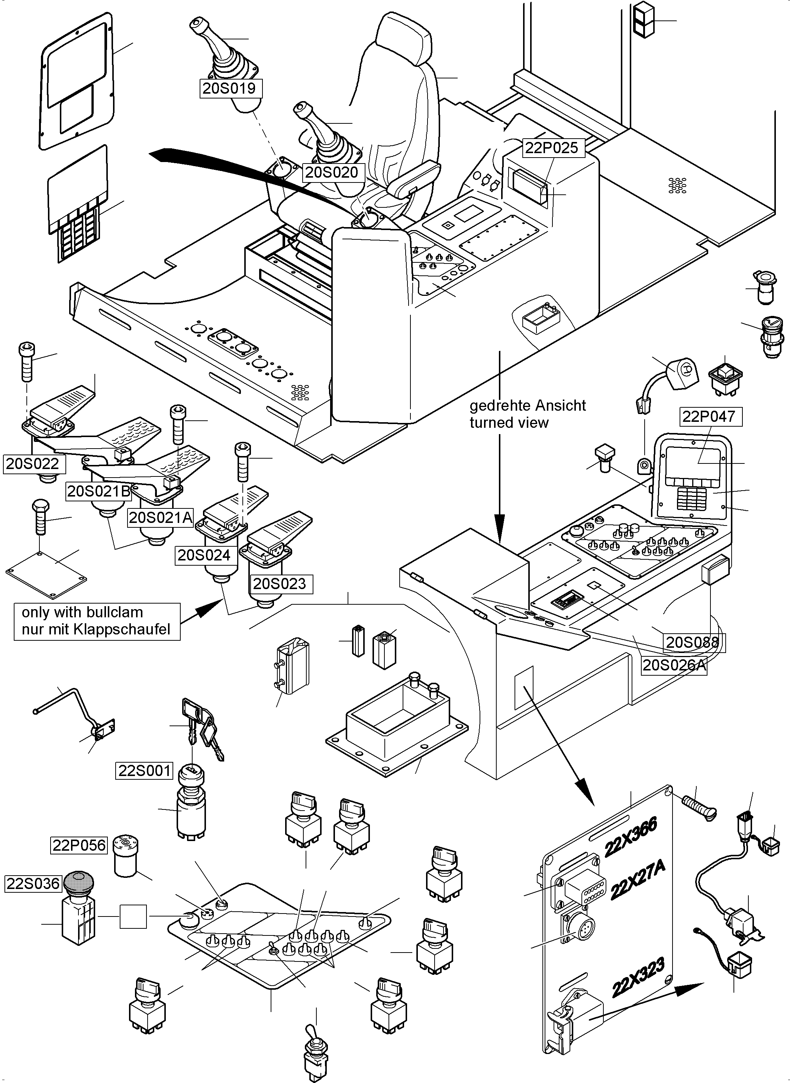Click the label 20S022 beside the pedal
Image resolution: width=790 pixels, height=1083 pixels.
32,463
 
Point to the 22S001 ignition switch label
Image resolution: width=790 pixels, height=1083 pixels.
144,770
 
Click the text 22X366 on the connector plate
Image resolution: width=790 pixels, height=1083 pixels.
630,844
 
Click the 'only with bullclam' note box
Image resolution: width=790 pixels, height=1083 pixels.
97,621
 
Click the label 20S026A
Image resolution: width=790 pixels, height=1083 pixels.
673,665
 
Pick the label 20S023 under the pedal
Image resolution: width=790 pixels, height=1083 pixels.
279,583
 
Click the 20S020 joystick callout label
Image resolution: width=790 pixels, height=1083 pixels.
331,172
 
